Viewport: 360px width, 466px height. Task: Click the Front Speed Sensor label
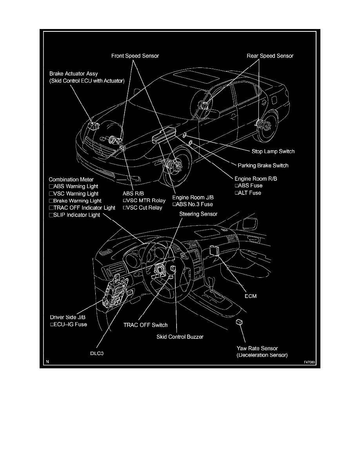tap(135, 56)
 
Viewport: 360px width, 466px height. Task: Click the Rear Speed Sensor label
tap(270, 56)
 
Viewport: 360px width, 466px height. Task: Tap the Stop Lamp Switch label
tap(273, 151)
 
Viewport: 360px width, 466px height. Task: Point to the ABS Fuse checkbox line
tap(248, 186)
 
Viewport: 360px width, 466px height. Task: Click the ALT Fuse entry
tap(247, 193)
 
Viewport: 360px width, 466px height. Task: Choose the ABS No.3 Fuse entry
tap(193, 204)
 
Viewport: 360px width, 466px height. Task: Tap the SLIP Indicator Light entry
tap(75, 215)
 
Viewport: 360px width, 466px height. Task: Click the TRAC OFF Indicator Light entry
tap(82, 208)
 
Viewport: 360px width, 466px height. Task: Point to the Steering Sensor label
tap(198, 214)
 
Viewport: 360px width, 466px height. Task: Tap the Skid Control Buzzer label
tap(180, 337)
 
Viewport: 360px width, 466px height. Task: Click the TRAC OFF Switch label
tap(145, 325)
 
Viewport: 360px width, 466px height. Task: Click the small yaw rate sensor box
tap(239, 322)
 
